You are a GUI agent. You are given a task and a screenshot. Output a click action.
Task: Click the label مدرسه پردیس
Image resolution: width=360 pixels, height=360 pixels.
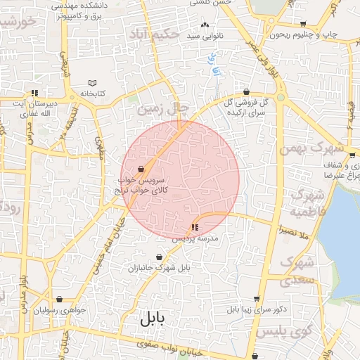click(202, 239)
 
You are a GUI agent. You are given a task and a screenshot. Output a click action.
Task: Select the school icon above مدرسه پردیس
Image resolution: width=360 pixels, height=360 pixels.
click(194, 227)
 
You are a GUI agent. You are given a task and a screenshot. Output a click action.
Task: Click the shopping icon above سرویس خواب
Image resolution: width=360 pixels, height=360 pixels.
click(141, 169)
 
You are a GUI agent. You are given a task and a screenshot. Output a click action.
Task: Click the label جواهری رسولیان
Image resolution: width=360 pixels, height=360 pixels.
click(60, 310)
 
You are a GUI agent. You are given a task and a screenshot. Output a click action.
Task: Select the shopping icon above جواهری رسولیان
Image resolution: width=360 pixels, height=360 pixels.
click(59, 299)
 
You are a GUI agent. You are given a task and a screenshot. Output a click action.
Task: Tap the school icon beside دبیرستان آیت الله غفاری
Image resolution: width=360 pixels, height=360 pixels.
click(33, 93)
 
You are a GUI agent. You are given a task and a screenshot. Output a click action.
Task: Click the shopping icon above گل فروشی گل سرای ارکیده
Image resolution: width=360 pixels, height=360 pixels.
click(246, 91)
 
